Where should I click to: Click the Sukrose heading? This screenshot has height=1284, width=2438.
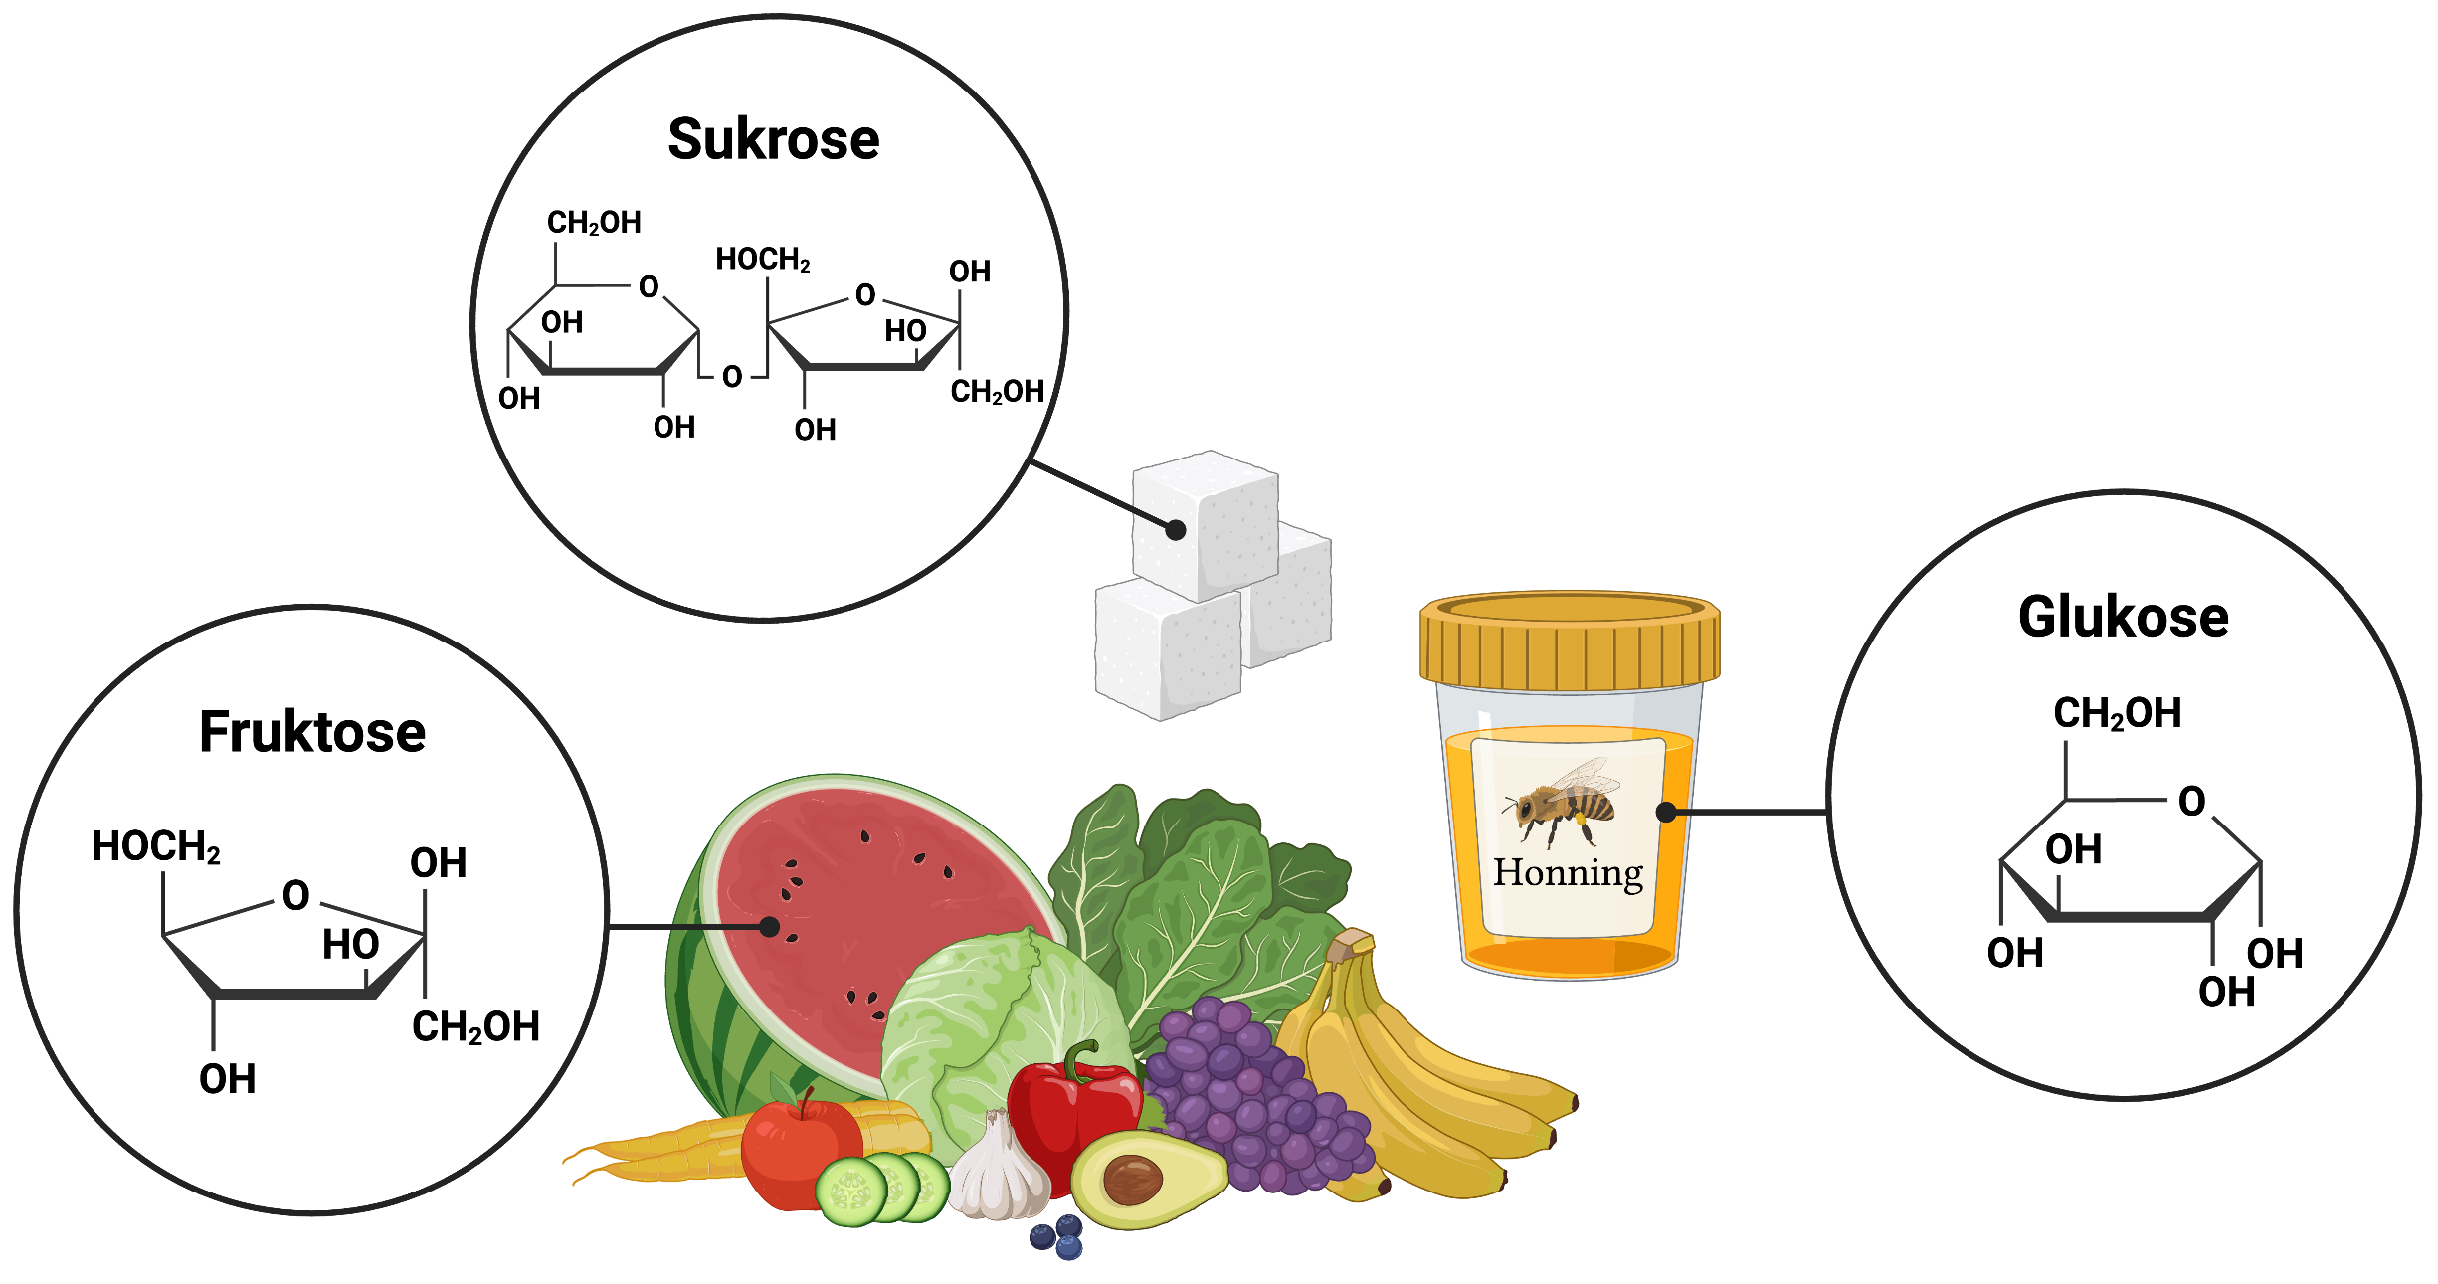tap(773, 139)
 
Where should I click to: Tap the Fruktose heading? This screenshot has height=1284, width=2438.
tap(312, 732)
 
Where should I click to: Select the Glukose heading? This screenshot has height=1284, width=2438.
tap(2123, 617)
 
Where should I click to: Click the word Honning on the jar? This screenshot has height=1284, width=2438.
tap(1568, 872)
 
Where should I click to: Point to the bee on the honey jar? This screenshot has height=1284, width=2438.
tap(1560, 804)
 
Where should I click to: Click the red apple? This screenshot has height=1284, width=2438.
tap(791, 1154)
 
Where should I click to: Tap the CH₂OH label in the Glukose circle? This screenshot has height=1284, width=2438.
tap(2117, 713)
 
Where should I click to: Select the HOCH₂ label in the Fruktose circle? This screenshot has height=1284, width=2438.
tap(156, 847)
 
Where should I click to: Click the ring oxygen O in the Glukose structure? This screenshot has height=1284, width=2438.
tap(2191, 801)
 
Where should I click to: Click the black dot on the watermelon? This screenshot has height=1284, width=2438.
tap(769, 927)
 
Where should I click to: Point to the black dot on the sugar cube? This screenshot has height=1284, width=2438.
tap(1175, 530)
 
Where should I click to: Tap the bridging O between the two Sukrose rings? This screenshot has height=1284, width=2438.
tap(732, 377)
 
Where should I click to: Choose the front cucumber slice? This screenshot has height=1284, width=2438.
tap(851, 1192)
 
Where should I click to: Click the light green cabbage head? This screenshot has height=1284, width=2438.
tap(985, 1034)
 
